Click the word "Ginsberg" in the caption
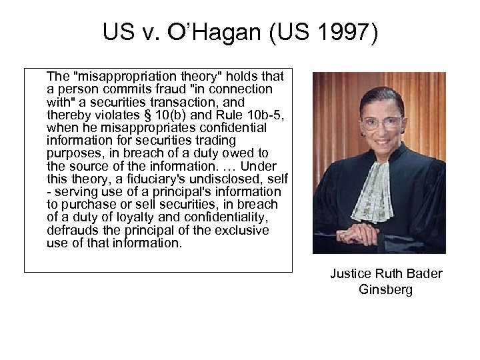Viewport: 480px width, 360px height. pos(386,290)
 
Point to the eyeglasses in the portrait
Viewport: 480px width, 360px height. pos(381,123)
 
